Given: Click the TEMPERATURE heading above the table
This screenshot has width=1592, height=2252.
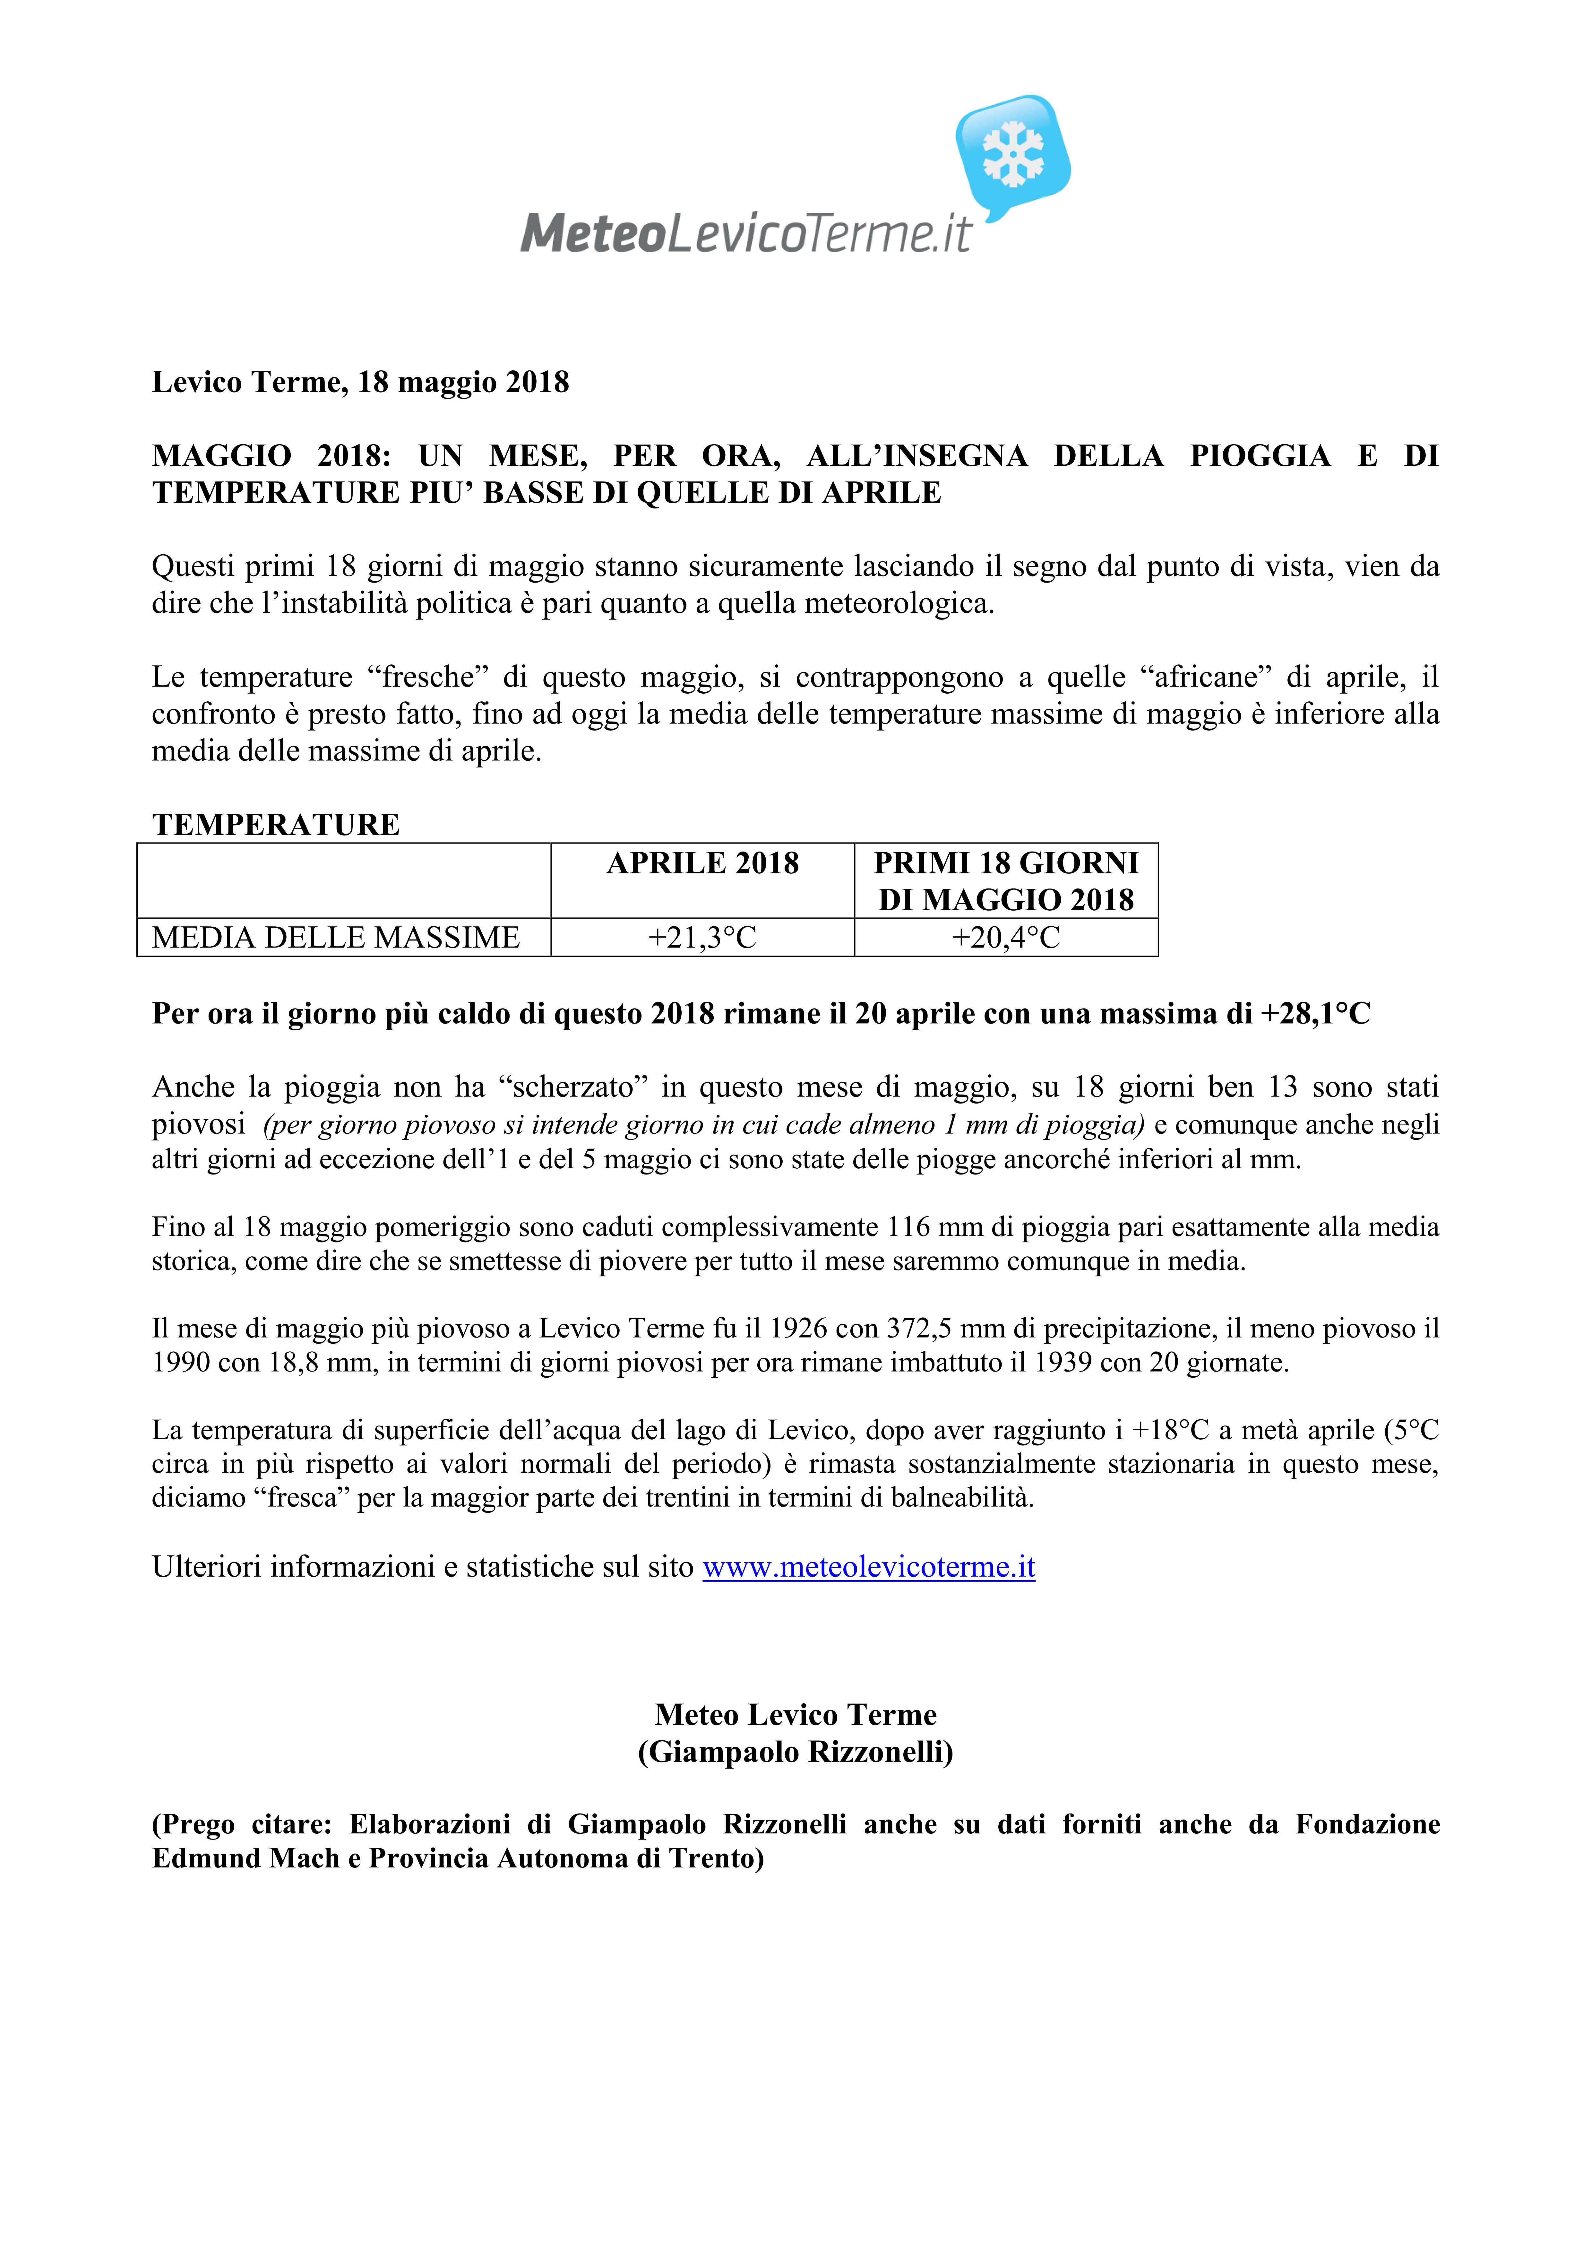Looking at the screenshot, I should [276, 824].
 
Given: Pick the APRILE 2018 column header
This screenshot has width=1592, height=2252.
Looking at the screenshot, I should [702, 863].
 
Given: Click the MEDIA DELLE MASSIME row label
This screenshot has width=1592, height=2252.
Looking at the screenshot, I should [335, 938].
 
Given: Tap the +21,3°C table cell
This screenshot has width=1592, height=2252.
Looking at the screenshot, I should [702, 938].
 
